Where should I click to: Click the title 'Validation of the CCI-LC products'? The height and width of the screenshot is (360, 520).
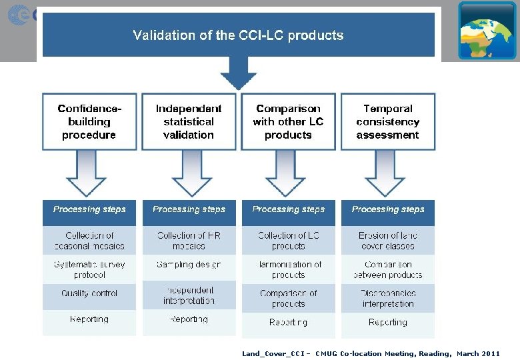point(238,35)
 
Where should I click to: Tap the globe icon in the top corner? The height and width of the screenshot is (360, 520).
point(487,30)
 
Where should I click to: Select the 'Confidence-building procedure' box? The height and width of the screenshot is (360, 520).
point(89,121)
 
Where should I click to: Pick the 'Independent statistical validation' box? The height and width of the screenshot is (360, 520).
point(189,121)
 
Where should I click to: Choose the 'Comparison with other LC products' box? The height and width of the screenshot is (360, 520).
point(288,121)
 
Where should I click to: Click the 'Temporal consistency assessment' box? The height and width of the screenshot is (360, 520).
point(387,121)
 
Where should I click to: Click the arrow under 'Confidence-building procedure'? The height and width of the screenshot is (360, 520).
point(87,173)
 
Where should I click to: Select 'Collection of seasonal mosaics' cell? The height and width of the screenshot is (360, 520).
point(89,241)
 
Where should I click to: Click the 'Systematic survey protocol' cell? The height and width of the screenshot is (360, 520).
point(89,269)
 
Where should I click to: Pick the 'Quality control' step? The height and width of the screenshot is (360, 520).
point(89,293)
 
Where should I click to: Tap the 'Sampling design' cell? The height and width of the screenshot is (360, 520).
point(189,265)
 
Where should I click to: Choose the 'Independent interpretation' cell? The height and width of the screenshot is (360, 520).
point(189,295)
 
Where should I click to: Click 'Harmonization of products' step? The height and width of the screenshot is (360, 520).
point(288,269)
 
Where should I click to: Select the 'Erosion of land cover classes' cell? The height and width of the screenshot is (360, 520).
point(387,241)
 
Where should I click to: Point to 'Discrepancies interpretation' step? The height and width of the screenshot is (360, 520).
point(387,298)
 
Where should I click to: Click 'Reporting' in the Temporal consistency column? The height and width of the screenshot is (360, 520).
point(387,323)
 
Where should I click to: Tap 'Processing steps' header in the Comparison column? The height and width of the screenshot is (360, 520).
point(288,209)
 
